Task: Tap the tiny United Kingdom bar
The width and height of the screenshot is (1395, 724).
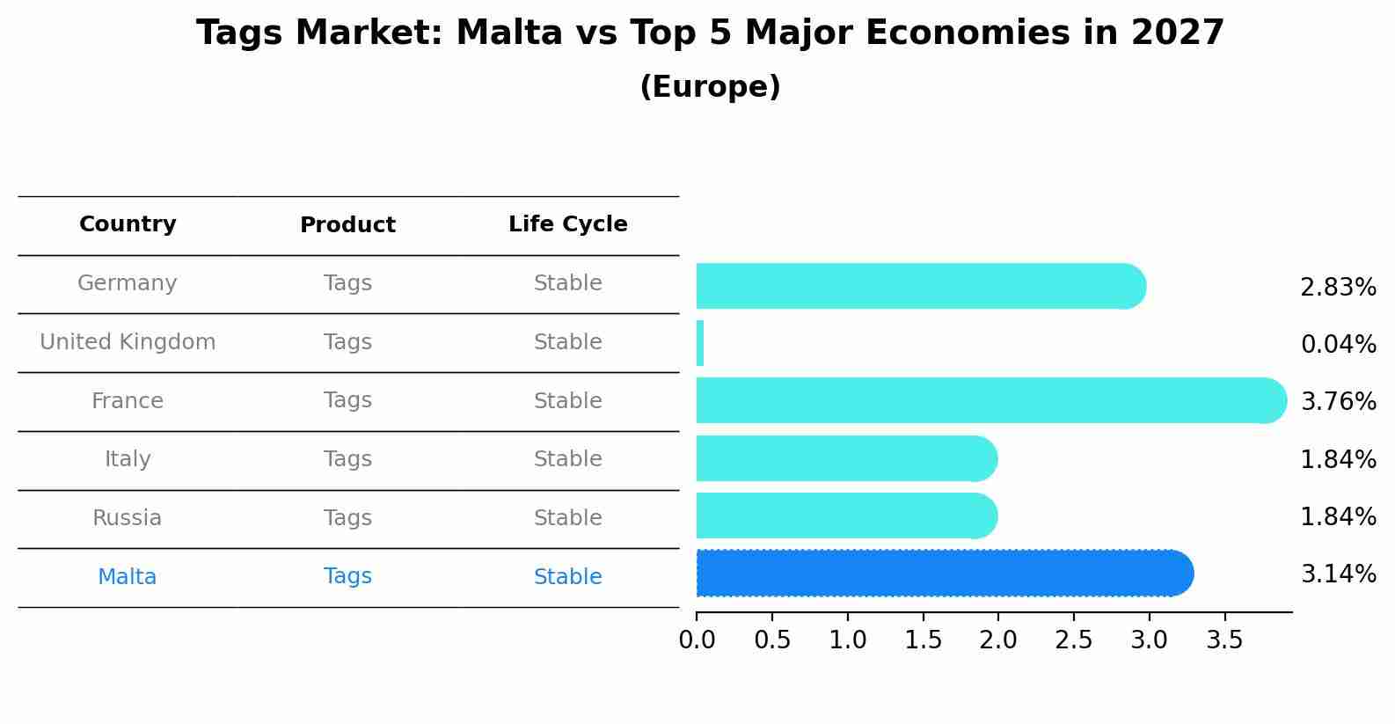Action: pos(700,343)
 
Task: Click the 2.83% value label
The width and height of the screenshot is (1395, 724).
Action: pos(1337,288)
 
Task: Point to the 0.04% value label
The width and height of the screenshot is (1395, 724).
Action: pos(1337,345)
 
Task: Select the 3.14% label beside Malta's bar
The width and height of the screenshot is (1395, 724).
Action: pos(1337,574)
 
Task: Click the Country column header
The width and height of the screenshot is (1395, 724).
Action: pos(128,224)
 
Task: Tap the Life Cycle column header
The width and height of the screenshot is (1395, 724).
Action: pos(567,224)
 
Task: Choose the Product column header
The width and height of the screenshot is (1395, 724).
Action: pos(347,225)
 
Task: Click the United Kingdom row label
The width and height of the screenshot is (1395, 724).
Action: pos(128,342)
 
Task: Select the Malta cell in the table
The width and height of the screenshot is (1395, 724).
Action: pos(128,577)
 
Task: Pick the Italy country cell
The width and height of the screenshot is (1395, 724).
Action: pos(128,459)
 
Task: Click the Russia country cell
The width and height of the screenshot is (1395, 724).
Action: pos(128,518)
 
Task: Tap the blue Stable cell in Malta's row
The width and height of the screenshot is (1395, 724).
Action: pos(567,577)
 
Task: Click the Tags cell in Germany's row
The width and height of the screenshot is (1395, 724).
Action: pos(347,283)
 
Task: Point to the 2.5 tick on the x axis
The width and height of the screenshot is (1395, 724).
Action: pos(1073,640)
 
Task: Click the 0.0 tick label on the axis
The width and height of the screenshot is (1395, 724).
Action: pos(697,640)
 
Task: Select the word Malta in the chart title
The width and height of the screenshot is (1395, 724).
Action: pos(509,33)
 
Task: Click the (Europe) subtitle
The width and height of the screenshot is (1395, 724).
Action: pos(710,87)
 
